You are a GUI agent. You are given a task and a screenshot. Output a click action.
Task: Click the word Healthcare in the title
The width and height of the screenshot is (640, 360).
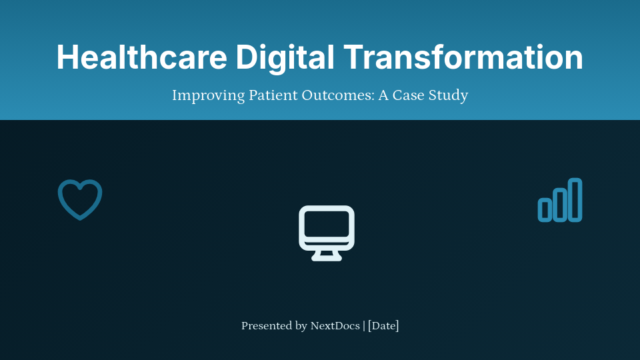(x=141, y=57)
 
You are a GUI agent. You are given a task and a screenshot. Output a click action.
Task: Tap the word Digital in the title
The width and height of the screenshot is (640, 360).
(x=285, y=57)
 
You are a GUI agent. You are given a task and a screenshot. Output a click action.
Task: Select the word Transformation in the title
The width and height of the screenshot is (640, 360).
(x=463, y=57)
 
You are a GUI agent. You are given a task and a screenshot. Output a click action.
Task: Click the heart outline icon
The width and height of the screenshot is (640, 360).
(x=80, y=199)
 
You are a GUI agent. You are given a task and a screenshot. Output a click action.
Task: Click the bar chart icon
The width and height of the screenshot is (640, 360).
(x=560, y=200)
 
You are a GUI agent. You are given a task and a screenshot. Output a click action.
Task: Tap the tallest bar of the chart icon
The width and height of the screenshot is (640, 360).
(x=575, y=199)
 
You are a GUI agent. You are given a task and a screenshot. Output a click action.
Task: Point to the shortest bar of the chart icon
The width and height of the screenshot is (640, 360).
(x=545, y=209)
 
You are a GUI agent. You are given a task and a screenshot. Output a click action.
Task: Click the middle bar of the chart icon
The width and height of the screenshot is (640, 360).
(x=560, y=205)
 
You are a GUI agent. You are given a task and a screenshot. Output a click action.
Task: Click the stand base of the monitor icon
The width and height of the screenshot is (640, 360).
(x=327, y=257)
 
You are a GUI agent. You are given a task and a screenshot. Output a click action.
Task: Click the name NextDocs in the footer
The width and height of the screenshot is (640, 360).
(x=335, y=326)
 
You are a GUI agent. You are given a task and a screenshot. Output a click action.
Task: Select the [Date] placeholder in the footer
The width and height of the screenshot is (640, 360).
(x=383, y=326)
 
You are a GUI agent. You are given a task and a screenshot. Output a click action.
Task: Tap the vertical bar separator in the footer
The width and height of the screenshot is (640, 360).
(x=364, y=326)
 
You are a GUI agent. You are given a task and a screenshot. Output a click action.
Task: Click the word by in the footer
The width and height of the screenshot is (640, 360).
(x=301, y=326)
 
